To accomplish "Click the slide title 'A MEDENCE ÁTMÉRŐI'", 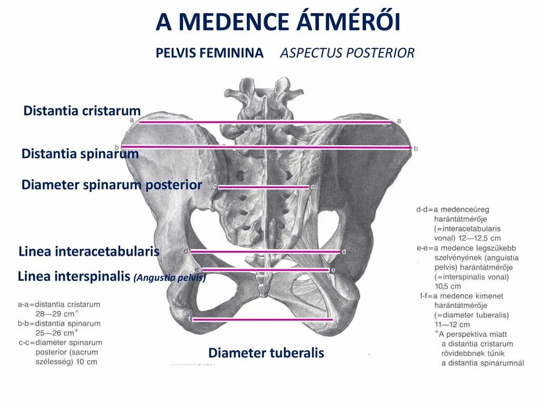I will [278, 22].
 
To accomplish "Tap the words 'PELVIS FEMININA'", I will [209, 53].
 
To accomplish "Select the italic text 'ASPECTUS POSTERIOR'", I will [347, 53].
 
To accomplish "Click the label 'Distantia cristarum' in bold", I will [82, 111].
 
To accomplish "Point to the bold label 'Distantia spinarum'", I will [80, 154].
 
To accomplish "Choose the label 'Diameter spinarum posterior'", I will [111, 185].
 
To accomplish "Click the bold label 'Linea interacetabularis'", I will [89, 252].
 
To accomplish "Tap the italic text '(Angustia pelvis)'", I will [169, 277].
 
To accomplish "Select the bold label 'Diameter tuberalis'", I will [266, 353].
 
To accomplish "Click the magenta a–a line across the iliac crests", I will [264, 122].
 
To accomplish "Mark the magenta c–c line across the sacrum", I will [264, 187].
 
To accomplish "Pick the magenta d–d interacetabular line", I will [265, 252].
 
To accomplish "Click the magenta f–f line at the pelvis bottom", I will [263, 319].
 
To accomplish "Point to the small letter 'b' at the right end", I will [416, 149].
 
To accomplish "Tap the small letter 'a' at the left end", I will [132, 121].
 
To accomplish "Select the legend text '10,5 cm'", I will [447, 286].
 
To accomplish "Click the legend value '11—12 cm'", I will [452, 324].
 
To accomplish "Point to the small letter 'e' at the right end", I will [333, 270].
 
